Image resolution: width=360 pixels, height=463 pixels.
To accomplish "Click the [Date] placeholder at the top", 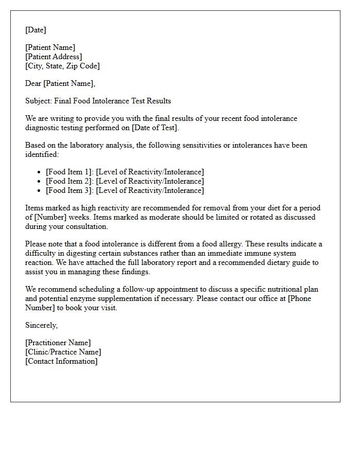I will (35, 30).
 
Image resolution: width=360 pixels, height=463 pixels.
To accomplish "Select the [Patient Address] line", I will (53, 57).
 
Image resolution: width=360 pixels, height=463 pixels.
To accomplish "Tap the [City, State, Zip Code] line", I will (62, 66).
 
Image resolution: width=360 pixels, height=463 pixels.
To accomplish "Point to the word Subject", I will (38, 101).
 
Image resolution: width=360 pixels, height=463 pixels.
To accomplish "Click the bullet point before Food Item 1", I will (40, 172).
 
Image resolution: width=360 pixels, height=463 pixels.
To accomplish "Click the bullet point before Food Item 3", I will (40, 191).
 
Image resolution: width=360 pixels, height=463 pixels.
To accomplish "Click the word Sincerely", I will (41, 325).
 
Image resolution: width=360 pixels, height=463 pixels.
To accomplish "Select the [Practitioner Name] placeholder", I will (58, 343).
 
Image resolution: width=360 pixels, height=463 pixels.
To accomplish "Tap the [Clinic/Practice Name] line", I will (63, 352).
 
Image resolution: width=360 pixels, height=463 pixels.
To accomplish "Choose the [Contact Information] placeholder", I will (61, 361).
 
